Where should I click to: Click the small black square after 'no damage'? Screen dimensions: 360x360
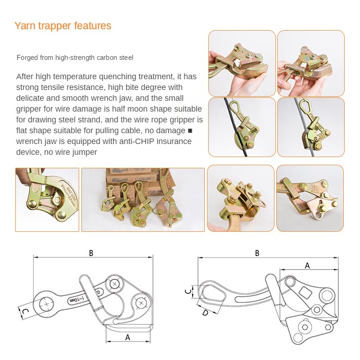(189, 131)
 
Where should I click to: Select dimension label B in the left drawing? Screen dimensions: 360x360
(91, 253)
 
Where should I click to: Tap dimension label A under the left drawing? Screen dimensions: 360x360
(127, 337)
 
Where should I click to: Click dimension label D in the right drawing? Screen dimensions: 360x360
(205, 312)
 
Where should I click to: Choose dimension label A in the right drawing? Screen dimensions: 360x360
(307, 265)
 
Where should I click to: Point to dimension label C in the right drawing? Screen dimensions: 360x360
(188, 291)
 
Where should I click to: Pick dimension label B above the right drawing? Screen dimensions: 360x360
(257, 253)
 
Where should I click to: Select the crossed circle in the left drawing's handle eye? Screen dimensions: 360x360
(46, 304)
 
